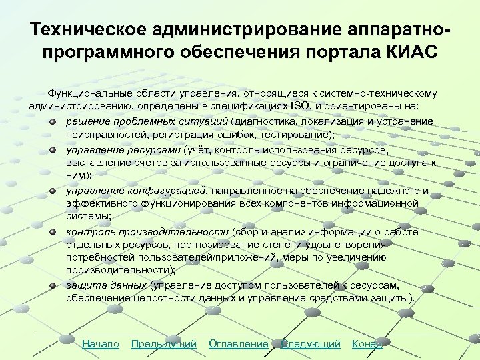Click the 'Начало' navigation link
click(x=100, y=344)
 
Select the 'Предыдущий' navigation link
click(x=164, y=344)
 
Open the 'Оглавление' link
click(x=239, y=344)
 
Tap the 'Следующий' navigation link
click(x=311, y=344)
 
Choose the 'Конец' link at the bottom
click(x=367, y=344)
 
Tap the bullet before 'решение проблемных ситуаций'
click(x=52, y=121)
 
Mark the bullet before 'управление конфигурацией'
click(x=52, y=191)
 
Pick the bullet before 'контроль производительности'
click(x=52, y=232)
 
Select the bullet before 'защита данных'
click(x=52, y=285)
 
